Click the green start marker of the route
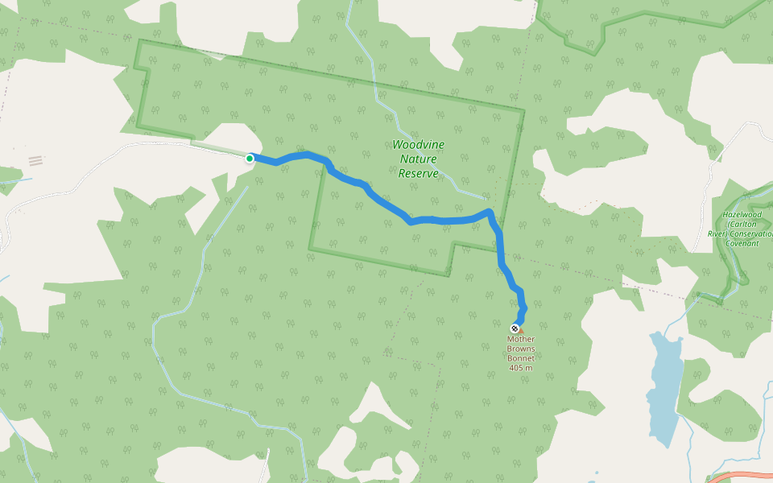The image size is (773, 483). tap(250, 159)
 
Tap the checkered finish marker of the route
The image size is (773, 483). tap(515, 328)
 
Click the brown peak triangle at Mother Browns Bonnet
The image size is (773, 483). tap(520, 330)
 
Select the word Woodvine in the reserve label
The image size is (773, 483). tap(418, 145)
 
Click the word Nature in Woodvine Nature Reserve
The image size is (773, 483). tap(418, 159)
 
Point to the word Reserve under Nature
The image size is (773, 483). tap(419, 173)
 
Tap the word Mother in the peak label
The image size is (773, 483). tap(520, 339)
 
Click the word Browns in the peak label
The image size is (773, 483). tap(521, 349)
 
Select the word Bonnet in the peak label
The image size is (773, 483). tap(521, 358)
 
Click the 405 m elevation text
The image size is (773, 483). tap(521, 368)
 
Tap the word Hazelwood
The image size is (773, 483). tap(742, 215)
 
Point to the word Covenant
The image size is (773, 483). tap(742, 243)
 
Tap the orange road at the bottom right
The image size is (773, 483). tap(741, 476)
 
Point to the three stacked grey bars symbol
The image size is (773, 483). tap(35, 161)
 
